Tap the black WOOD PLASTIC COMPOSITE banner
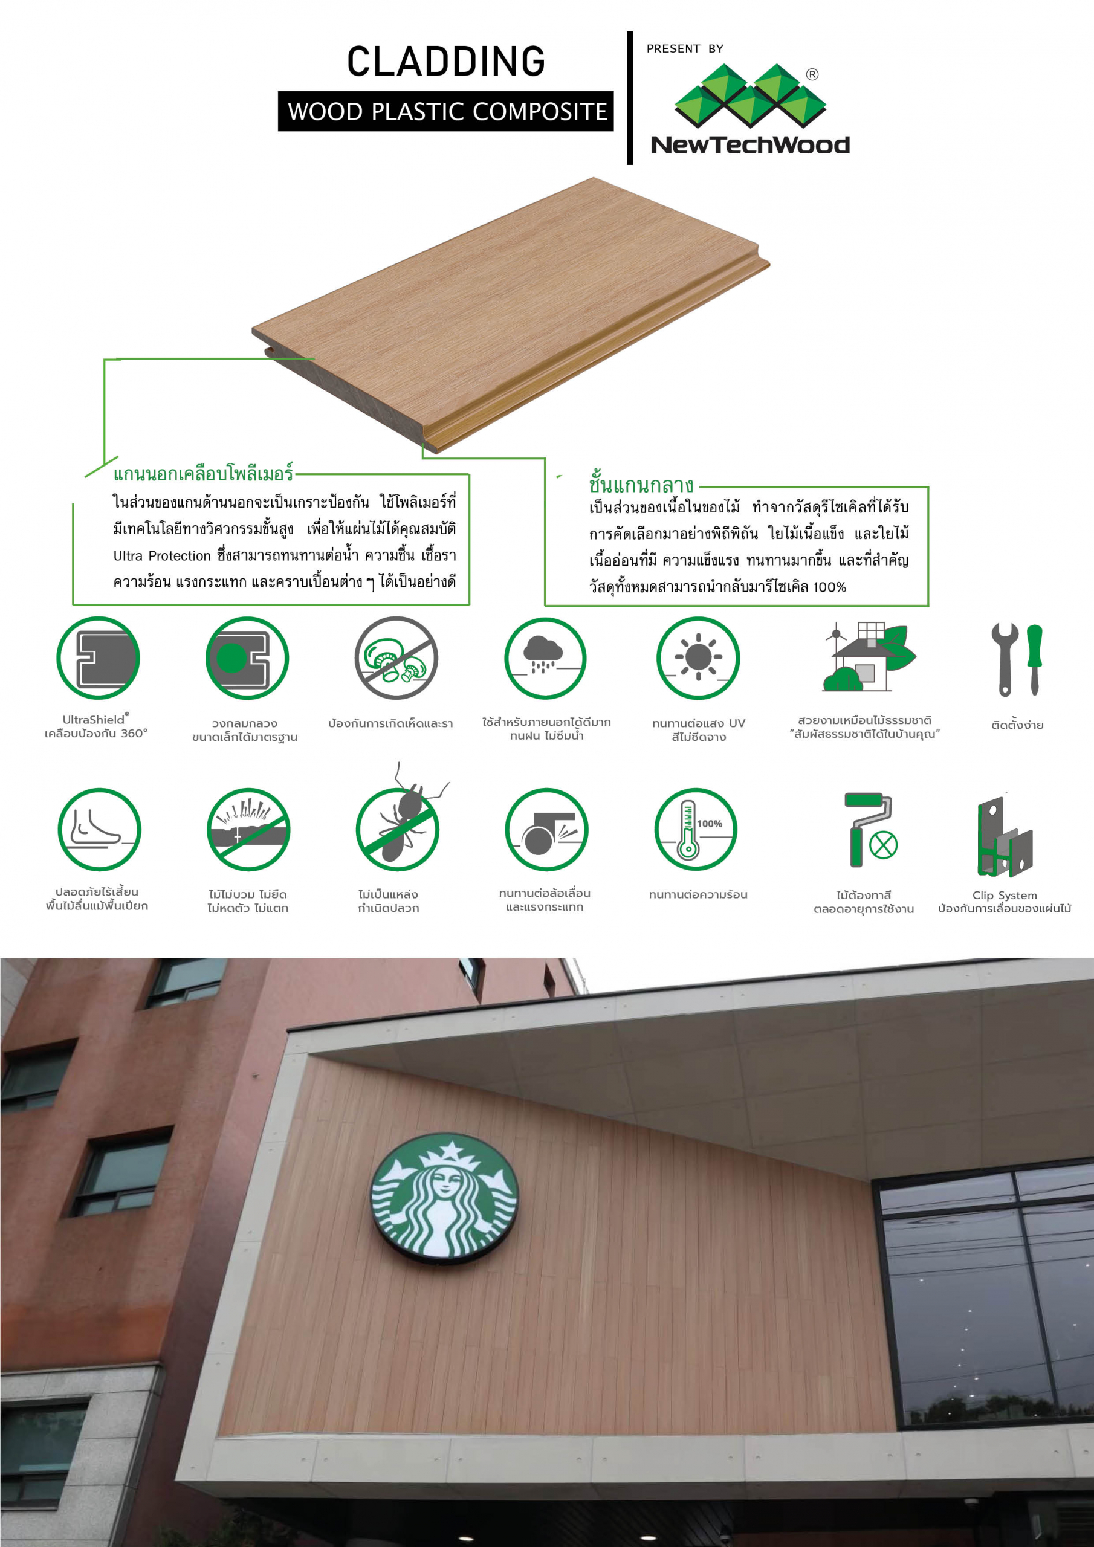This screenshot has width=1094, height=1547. pyautogui.click(x=445, y=111)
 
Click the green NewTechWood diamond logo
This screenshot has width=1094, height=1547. pyautogui.click(x=750, y=95)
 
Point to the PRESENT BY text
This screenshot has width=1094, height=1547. pyautogui.click(x=685, y=48)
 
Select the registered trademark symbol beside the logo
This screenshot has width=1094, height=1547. pyautogui.click(x=812, y=74)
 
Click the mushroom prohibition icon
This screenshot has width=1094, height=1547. pyautogui.click(x=396, y=657)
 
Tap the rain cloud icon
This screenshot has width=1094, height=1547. pyautogui.click(x=545, y=657)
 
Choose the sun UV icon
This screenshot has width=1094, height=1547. pyautogui.click(x=698, y=657)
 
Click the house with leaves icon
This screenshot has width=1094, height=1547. pyautogui.click(x=868, y=657)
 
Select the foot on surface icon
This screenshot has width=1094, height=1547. pyautogui.click(x=99, y=830)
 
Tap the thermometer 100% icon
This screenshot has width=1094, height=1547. pyautogui.click(x=696, y=830)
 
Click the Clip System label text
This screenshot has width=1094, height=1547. pyautogui.click(x=1005, y=895)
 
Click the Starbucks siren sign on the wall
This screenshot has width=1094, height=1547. pyautogui.click(x=444, y=1196)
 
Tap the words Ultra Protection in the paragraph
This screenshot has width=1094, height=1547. pyautogui.click(x=162, y=556)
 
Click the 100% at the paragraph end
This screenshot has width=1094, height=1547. pyautogui.click(x=830, y=587)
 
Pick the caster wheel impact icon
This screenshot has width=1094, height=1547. pyautogui.click(x=546, y=830)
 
